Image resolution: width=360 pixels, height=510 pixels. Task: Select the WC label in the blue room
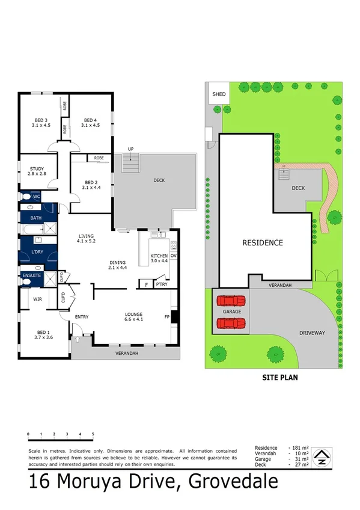tap(36, 196)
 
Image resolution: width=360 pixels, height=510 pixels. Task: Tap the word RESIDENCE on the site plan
tap(262, 243)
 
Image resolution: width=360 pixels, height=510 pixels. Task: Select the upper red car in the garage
tap(231, 300)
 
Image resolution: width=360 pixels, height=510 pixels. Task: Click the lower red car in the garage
tap(231, 324)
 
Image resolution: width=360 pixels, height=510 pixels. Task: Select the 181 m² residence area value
tap(299, 448)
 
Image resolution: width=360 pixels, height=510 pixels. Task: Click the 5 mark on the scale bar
tap(93, 434)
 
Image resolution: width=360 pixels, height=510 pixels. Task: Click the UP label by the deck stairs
tap(130, 149)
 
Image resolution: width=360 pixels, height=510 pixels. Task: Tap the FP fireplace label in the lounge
tap(168, 316)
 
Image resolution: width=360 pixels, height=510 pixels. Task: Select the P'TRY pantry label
tap(160, 283)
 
